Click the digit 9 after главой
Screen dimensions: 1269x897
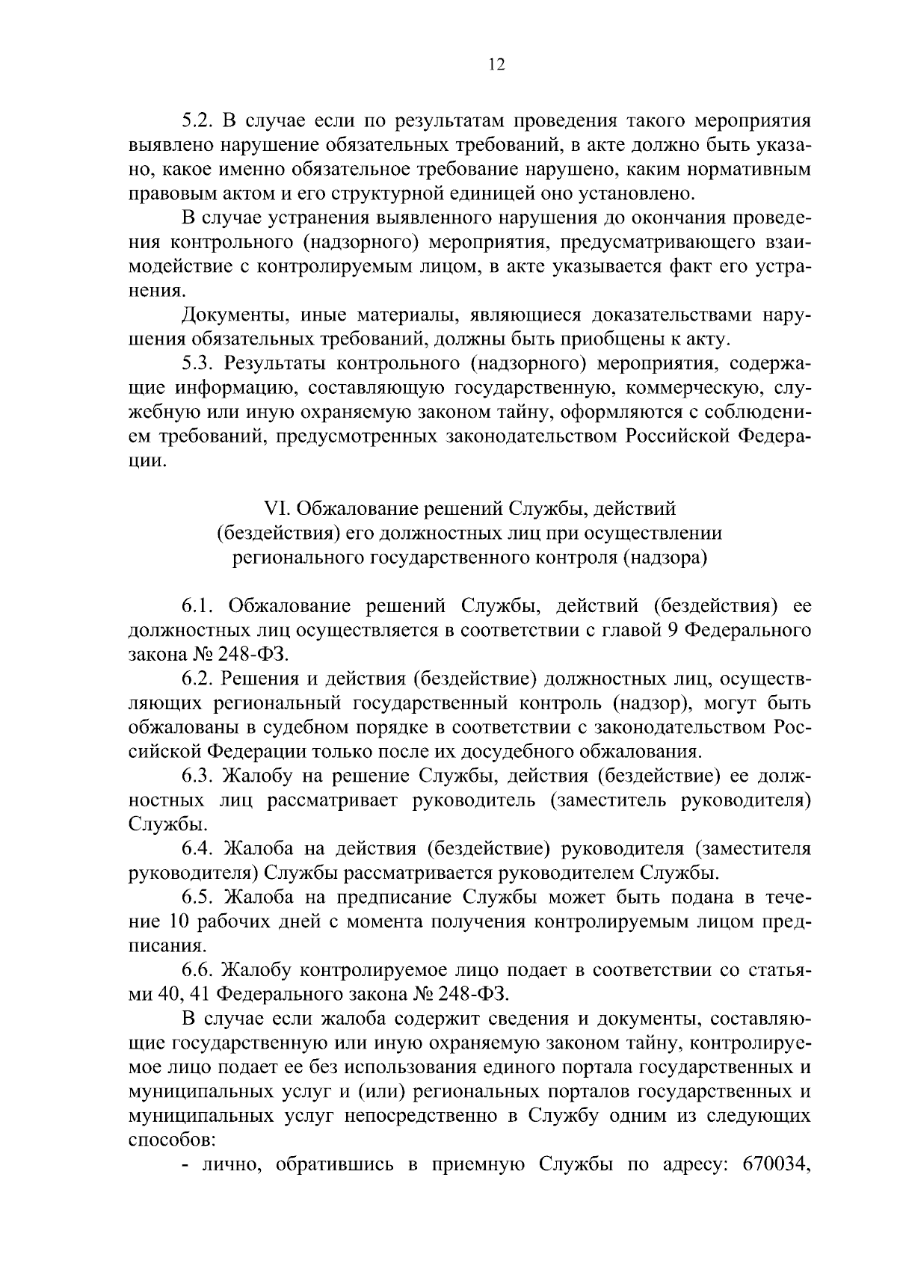pos(672,629)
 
